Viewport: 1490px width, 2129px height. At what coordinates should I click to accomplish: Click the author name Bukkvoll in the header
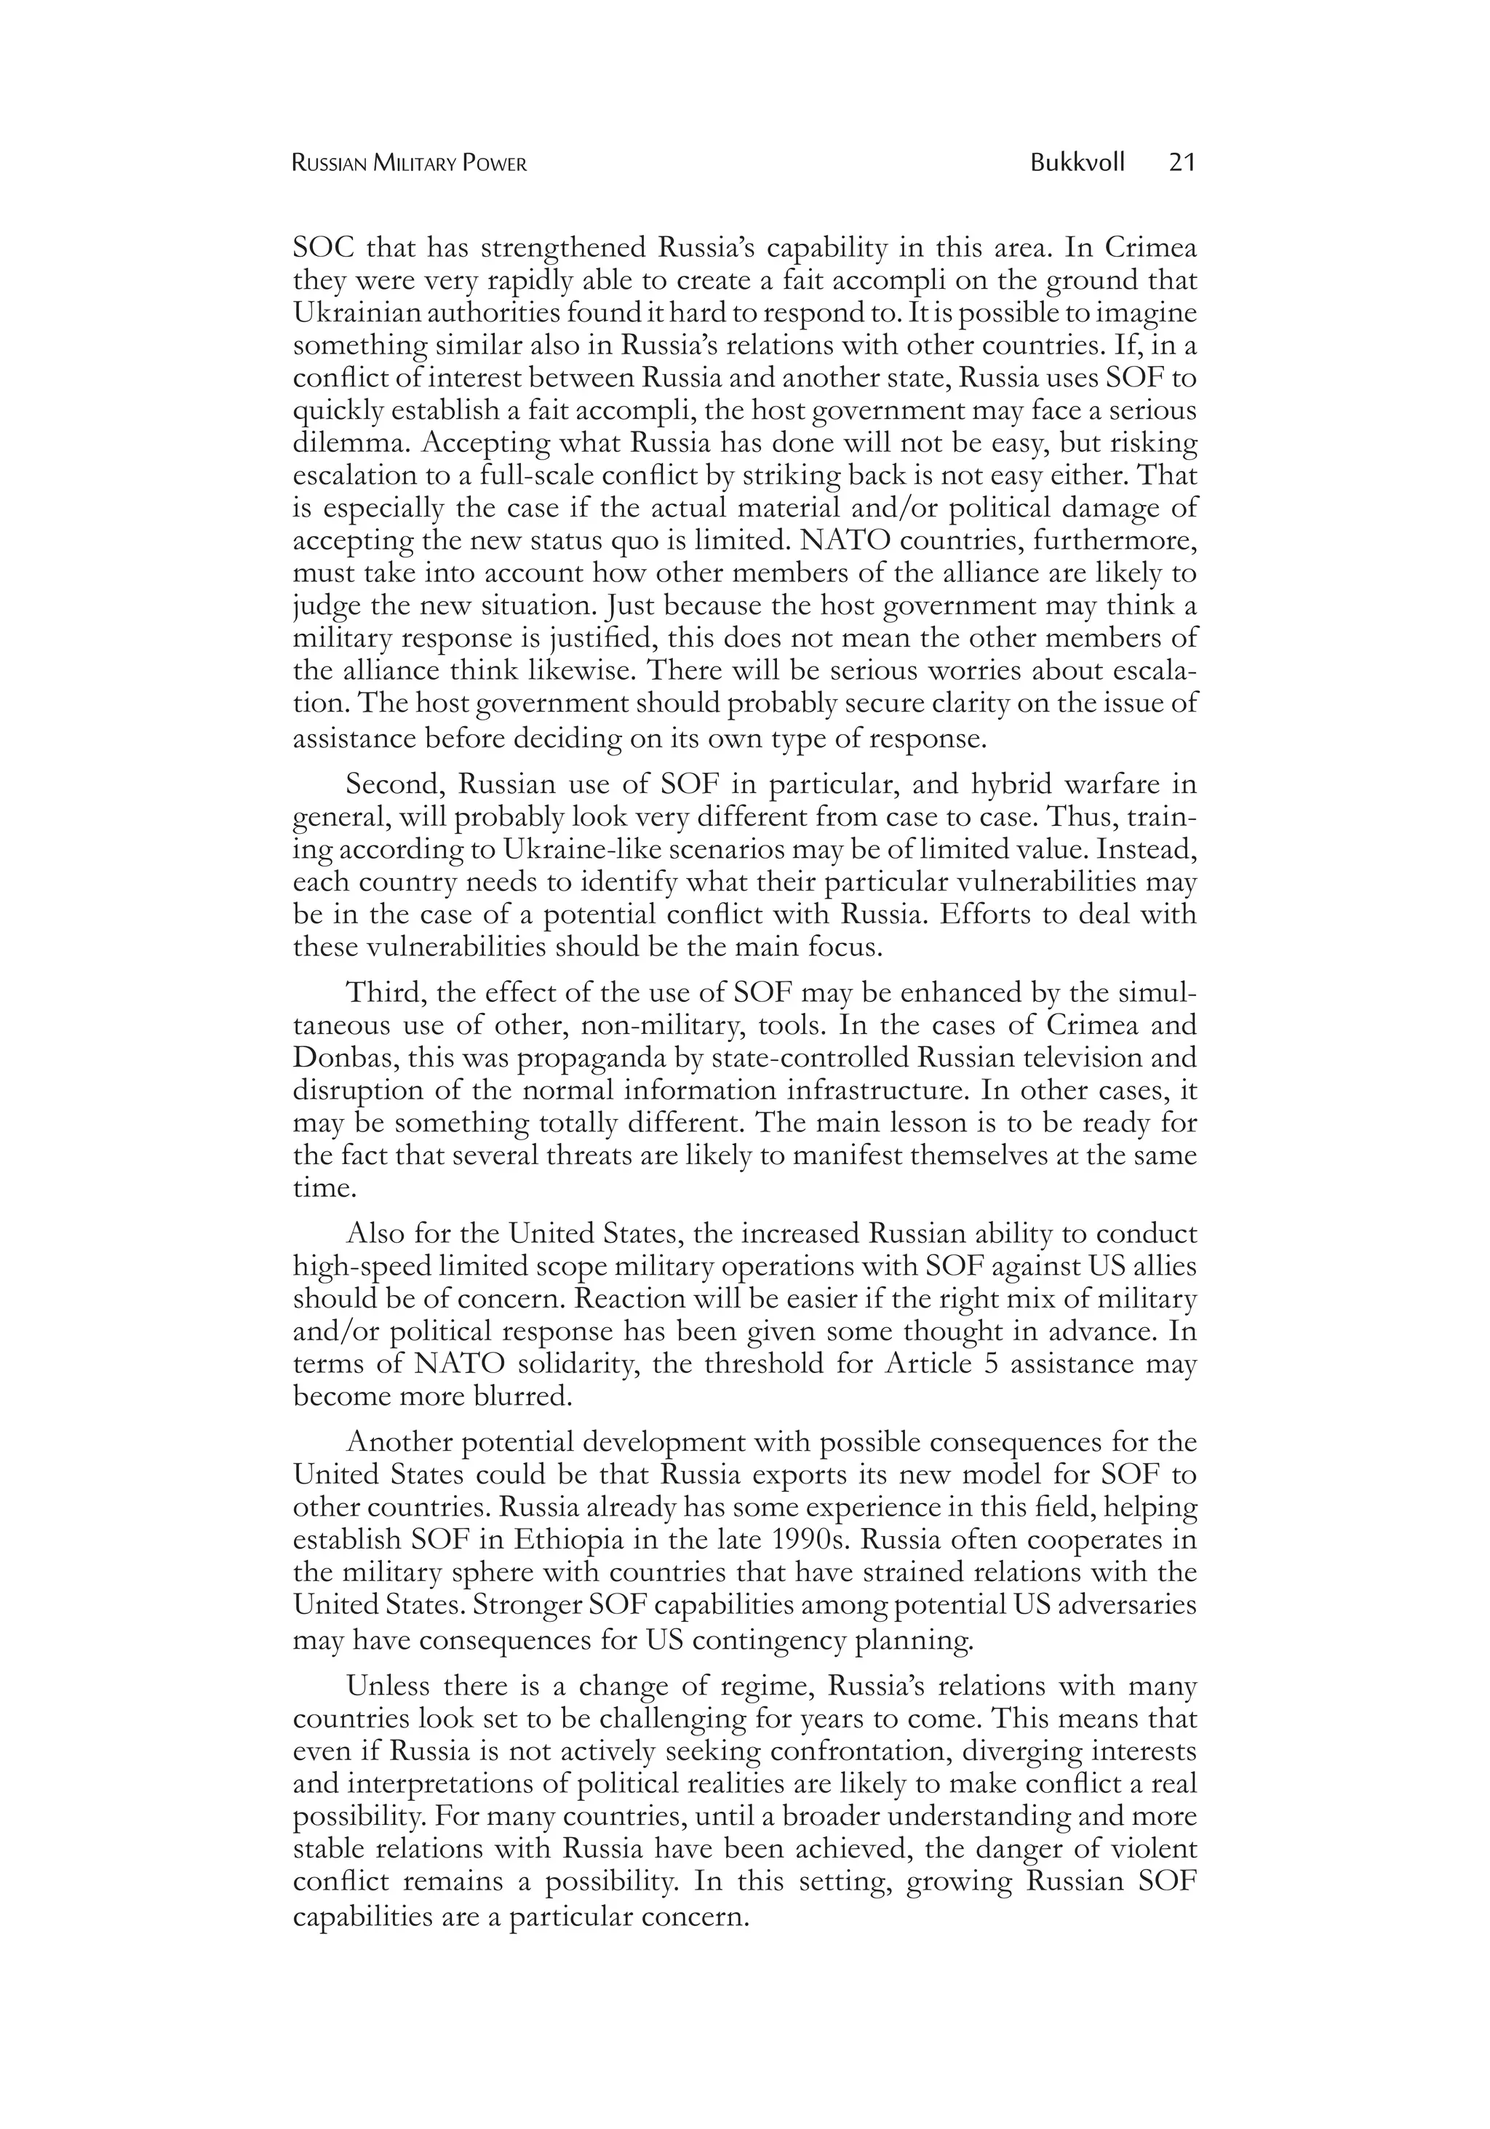[1077, 163]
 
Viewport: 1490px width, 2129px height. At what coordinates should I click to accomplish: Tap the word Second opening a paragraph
[397, 785]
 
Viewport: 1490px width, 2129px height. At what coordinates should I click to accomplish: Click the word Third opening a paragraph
[385, 993]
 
